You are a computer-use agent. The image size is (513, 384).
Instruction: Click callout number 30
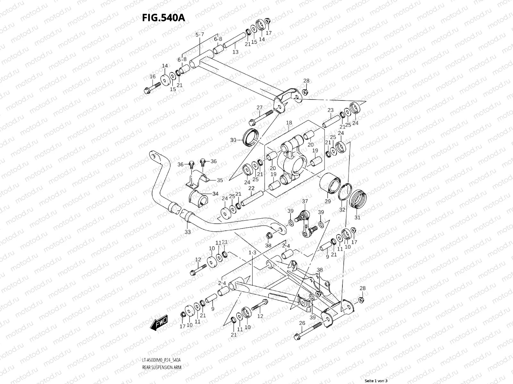(x=233, y=140)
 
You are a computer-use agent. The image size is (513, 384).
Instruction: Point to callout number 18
(x=289, y=123)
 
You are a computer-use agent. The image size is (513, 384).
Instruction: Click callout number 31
(x=357, y=218)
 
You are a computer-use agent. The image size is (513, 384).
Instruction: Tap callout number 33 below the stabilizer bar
(x=188, y=232)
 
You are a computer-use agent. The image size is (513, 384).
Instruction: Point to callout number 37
(x=305, y=201)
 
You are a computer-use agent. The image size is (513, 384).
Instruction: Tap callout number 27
(x=259, y=108)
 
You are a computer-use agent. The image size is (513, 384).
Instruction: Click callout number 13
(x=235, y=52)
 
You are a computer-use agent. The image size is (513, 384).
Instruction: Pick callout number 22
(x=251, y=188)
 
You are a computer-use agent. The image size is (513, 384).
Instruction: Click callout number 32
(x=342, y=210)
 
